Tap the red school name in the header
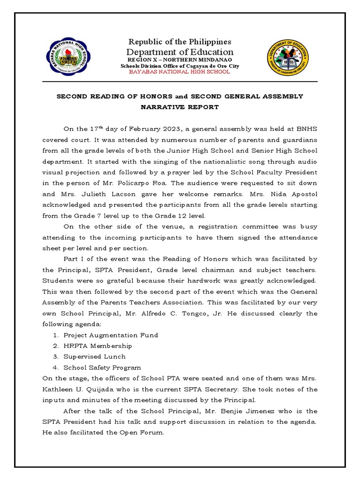click(180, 72)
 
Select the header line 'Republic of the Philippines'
click(180, 42)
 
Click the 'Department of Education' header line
click(180, 52)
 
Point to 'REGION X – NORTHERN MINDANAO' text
click(180, 60)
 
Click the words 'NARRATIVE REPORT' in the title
click(180, 107)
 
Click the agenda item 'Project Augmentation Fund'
click(111, 335)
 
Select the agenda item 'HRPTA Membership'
click(97, 346)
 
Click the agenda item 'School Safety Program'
click(102, 367)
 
